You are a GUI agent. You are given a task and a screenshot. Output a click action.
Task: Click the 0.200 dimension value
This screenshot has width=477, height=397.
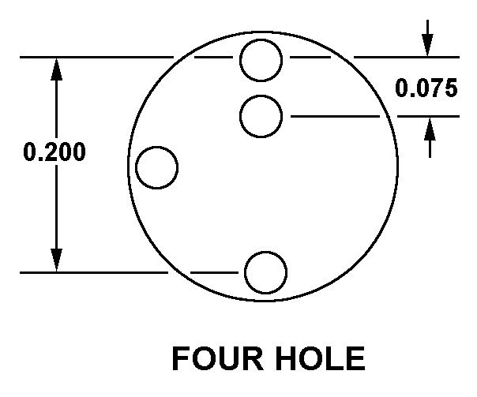pos(54,152)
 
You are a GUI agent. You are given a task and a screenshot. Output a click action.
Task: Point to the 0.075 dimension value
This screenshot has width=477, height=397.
pos(426,88)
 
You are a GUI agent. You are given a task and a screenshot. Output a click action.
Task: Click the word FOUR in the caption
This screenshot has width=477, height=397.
pos(217,358)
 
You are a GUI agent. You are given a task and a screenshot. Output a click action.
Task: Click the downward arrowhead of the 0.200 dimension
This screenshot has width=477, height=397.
pos(56,260)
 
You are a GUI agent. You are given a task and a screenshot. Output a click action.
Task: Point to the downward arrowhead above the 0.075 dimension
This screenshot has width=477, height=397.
pos(427,45)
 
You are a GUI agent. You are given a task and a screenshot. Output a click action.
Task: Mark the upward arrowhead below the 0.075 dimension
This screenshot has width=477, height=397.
pos(430,129)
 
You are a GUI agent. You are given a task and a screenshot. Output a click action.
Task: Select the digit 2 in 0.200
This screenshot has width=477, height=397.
pos(47,152)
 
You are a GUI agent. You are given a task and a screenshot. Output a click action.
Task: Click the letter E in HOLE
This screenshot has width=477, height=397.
pos(355,358)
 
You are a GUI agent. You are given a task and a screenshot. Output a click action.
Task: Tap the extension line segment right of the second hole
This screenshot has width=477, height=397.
pos(335,116)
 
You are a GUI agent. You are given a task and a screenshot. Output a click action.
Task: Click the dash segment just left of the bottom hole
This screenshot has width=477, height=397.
pos(214,272)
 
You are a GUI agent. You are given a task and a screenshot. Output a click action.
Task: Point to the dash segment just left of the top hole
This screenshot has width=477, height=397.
pos(213,57)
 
